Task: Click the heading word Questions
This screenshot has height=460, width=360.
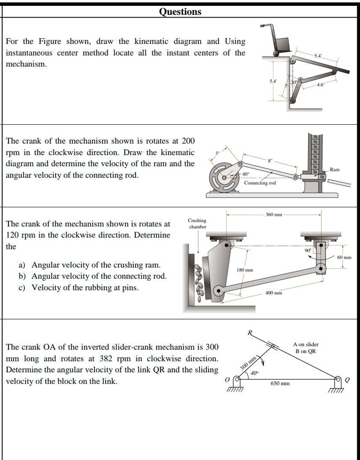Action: point(180,12)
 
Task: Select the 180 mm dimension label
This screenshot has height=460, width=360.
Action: point(245,269)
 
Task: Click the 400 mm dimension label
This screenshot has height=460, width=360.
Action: point(274,293)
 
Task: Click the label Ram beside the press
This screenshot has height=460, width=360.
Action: point(335,170)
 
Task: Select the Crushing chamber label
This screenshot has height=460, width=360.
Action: point(197,223)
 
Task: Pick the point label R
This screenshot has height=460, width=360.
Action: point(250,333)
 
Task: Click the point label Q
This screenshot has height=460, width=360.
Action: point(347,380)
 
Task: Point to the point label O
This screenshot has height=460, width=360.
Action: point(227,380)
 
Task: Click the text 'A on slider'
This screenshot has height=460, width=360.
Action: point(306,344)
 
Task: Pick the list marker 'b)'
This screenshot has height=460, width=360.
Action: point(22,276)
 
